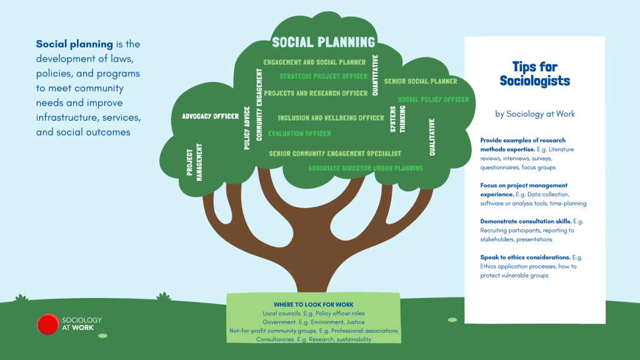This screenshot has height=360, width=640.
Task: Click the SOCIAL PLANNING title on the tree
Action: pyautogui.click(x=324, y=42)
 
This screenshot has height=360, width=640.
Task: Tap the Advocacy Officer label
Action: pyautogui.click(x=210, y=116)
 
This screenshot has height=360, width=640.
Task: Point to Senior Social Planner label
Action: pyautogui.click(x=421, y=81)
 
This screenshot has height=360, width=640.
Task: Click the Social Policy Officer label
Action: pyautogui.click(x=433, y=99)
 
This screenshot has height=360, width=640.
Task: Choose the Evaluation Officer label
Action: pyautogui.click(x=299, y=134)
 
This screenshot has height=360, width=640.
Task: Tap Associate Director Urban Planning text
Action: pyautogui.click(x=366, y=168)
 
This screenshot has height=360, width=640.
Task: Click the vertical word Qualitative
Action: pyautogui.click(x=432, y=137)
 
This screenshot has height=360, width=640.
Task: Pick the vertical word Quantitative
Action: pyautogui.click(x=375, y=74)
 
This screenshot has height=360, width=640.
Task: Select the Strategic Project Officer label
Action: pyautogui.click(x=324, y=77)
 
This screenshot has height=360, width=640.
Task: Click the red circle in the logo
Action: pyautogui.click(x=47, y=324)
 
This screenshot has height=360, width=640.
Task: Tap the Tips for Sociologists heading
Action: pyautogui.click(x=534, y=74)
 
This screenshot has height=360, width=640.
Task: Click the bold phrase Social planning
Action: pyautogui.click(x=74, y=44)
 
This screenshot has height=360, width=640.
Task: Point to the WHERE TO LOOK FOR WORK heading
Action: pyautogui.click(x=312, y=304)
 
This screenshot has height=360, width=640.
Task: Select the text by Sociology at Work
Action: pyautogui.click(x=534, y=114)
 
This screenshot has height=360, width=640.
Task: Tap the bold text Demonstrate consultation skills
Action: pyautogui.click(x=522, y=221)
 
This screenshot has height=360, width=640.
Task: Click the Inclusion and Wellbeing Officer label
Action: pyautogui.click(x=331, y=118)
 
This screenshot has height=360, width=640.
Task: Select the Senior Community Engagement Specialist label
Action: pyautogui.click(x=335, y=153)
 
